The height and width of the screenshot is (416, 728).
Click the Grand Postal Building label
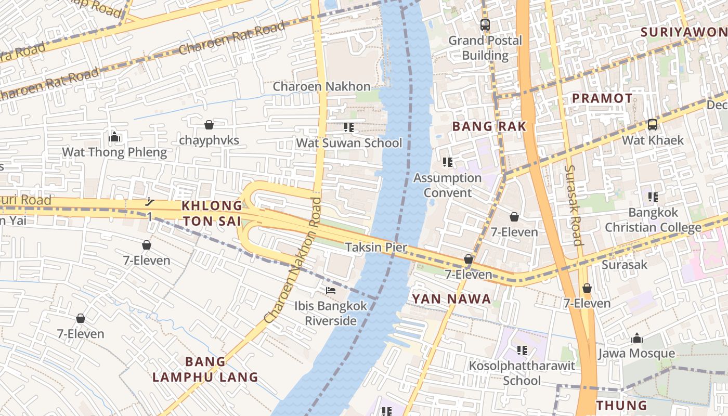[x=485, y=48]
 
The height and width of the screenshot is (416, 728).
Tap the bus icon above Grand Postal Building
[x=485, y=24]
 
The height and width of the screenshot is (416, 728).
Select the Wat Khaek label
[x=653, y=140]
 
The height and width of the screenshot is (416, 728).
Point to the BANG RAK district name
[x=489, y=126]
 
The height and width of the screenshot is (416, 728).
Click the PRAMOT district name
[x=602, y=98]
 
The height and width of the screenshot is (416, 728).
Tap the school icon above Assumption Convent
[x=447, y=162]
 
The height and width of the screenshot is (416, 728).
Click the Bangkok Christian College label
[x=653, y=220]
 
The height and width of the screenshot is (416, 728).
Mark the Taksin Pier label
[x=376, y=248]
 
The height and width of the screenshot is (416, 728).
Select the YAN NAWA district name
[x=451, y=298]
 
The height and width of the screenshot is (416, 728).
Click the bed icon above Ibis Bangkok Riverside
[x=330, y=290]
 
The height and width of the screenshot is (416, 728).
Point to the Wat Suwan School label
[x=349, y=143]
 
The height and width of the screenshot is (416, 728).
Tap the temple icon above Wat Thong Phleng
[x=114, y=137]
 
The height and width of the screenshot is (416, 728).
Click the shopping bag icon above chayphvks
[x=209, y=125]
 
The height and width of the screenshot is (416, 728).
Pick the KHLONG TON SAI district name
[x=212, y=213]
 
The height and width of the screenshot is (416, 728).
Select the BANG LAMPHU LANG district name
[x=205, y=369]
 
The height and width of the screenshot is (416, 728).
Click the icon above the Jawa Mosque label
[x=636, y=339]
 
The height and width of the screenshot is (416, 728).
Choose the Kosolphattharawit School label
[x=522, y=373]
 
